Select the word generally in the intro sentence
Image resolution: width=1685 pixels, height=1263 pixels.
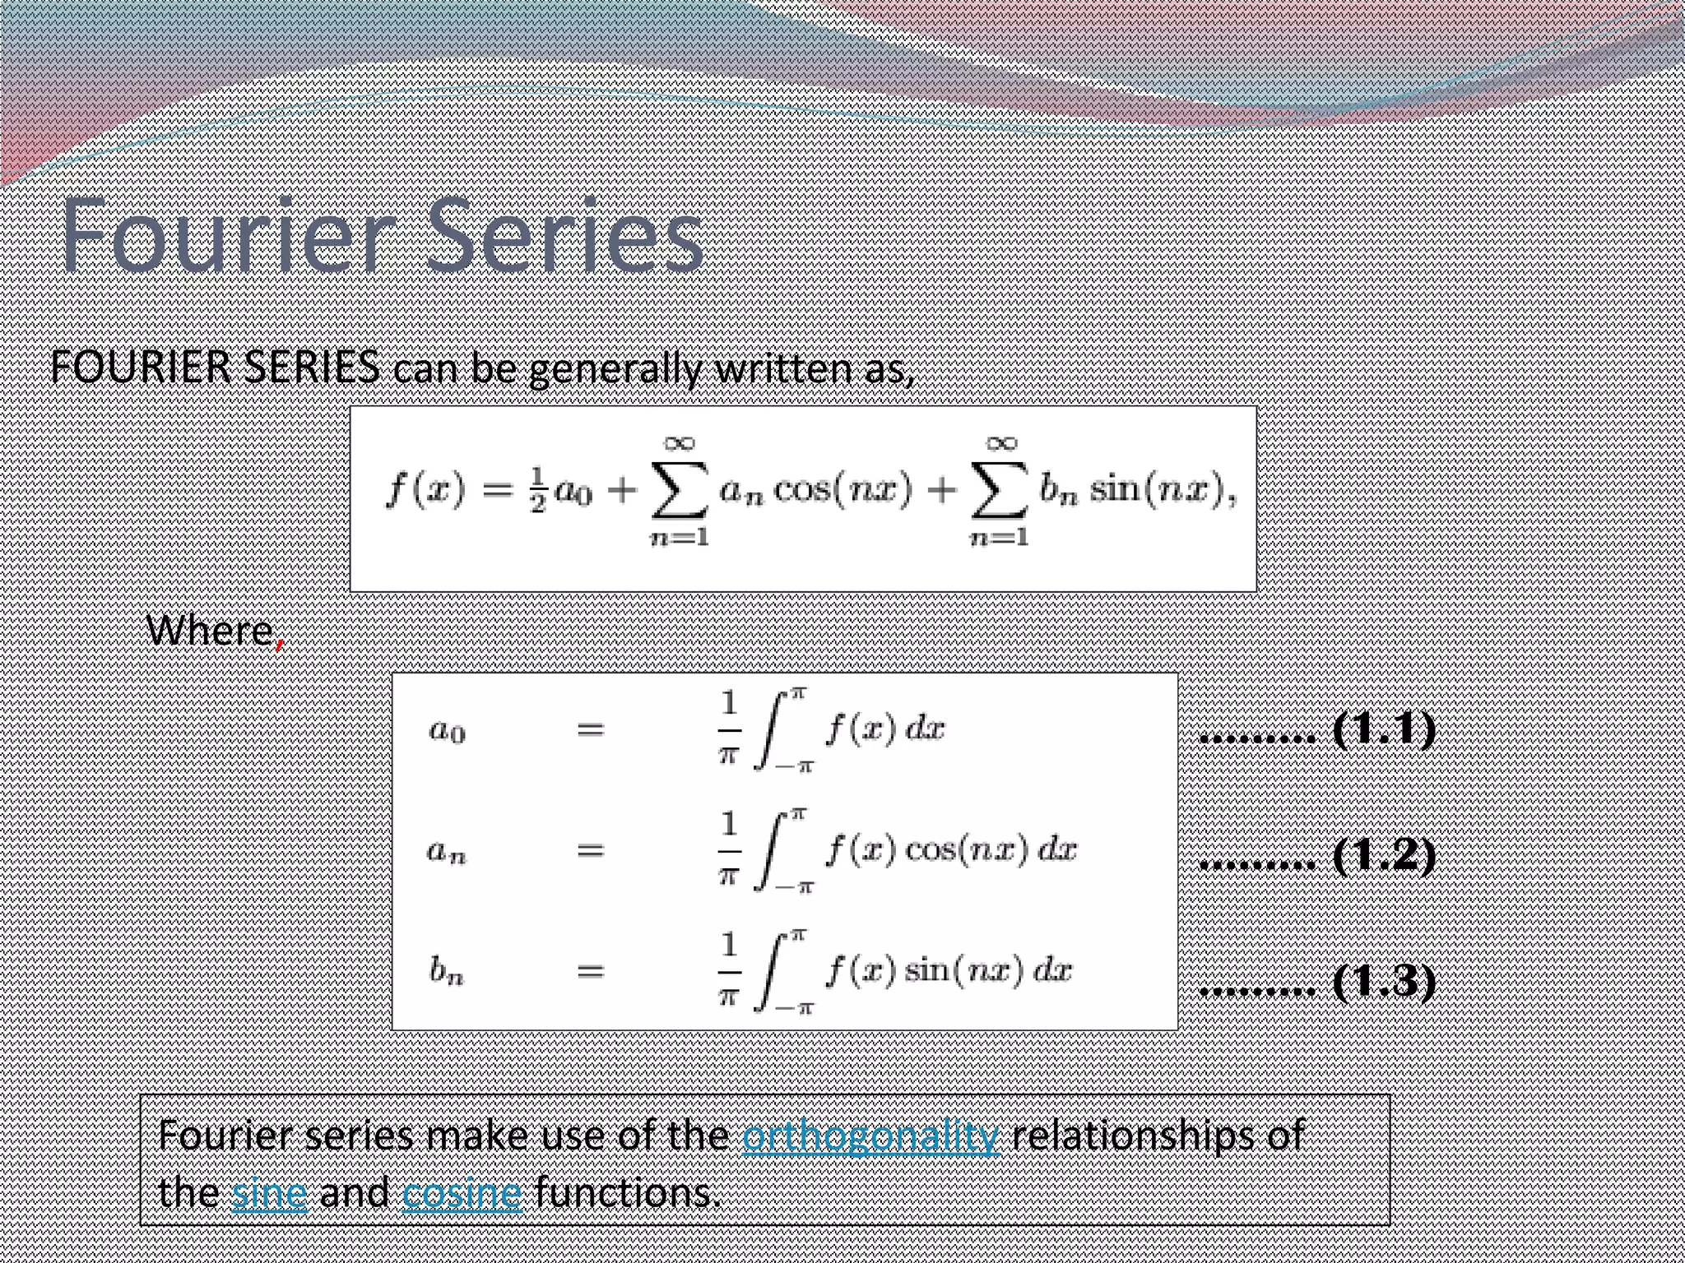tap(615, 369)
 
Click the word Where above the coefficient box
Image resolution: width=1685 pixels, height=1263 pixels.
tap(209, 631)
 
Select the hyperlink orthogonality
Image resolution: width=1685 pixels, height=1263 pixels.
tap(870, 1136)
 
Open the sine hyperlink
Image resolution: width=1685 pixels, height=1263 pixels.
tap(269, 1193)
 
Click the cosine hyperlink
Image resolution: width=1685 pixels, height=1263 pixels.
tap(462, 1193)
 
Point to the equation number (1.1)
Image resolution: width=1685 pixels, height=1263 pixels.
tap(1384, 729)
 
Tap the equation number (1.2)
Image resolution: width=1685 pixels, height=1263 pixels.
tap(1384, 855)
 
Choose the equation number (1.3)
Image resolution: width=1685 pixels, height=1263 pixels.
tap(1384, 981)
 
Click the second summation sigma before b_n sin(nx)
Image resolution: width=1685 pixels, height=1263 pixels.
tap(999, 491)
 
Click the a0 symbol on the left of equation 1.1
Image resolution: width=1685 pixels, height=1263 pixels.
tap(448, 730)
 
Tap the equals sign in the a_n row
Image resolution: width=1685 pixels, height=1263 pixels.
tap(590, 850)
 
